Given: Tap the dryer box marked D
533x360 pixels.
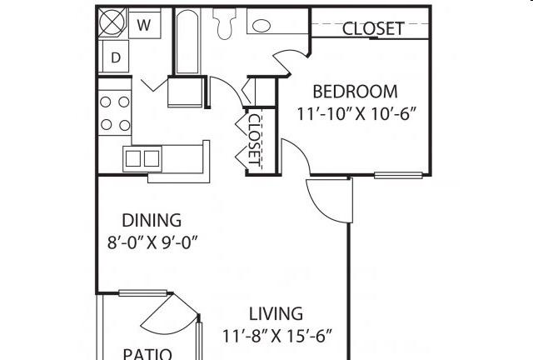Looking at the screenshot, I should (x=115, y=57).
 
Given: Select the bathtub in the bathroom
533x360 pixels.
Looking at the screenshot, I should (x=187, y=41).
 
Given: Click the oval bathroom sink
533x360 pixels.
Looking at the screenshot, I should (x=262, y=26).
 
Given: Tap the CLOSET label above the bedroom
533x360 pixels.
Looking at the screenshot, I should (x=373, y=28).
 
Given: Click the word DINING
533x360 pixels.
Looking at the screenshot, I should (x=152, y=221).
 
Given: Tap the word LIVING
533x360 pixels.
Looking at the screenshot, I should (x=275, y=314).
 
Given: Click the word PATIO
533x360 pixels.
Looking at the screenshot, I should (x=147, y=353).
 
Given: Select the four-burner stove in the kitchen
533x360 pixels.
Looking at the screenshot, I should (x=115, y=113).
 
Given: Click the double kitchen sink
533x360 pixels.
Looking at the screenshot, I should (x=142, y=157).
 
